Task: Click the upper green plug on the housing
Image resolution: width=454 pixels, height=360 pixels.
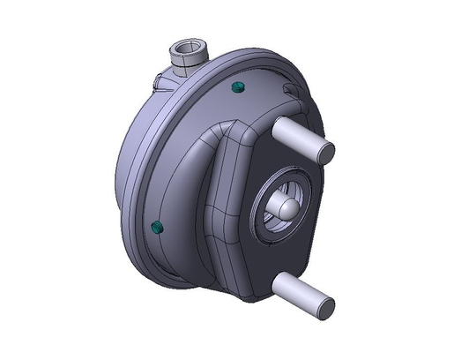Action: pos(237,86)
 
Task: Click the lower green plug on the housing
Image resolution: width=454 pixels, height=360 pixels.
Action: pos(158,228)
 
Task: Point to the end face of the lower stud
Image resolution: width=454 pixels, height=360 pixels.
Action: pos(324,307)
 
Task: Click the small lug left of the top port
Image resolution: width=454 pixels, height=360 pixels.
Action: pos(160,80)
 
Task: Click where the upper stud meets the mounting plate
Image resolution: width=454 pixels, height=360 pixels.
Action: pos(276,127)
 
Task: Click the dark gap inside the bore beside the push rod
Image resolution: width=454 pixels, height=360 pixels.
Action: pos(274,196)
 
